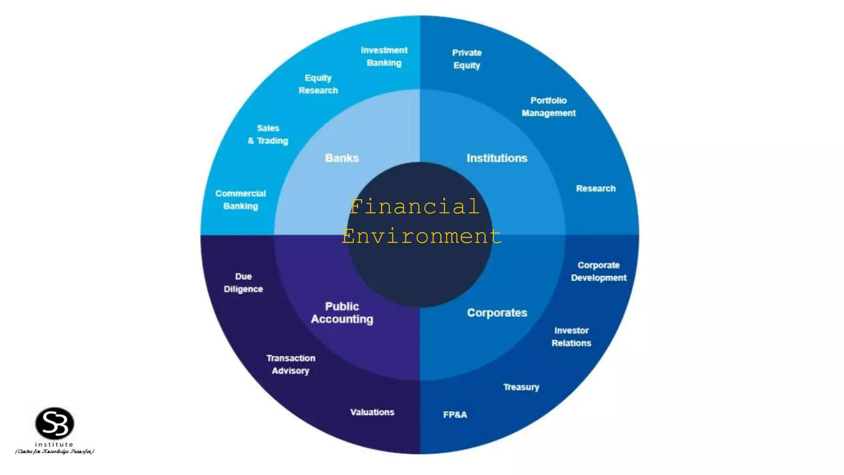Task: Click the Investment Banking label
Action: [384, 56]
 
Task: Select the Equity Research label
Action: [318, 84]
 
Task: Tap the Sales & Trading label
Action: [268, 134]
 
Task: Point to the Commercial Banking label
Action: [241, 200]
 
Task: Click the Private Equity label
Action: [467, 59]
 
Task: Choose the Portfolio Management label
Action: [549, 107]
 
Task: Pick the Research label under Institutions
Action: [595, 188]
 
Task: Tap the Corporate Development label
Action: [598, 271]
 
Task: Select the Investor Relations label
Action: [571, 337]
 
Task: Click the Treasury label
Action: [521, 387]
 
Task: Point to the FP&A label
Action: [455, 415]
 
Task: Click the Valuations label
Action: [372, 412]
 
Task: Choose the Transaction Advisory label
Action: [291, 364]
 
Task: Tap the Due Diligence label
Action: [243, 283]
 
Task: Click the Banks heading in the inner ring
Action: [342, 158]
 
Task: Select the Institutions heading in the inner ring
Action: [497, 158]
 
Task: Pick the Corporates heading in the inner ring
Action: [497, 313]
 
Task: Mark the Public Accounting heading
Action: [342, 313]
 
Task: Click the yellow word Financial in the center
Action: [414, 207]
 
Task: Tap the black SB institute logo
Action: [55, 423]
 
